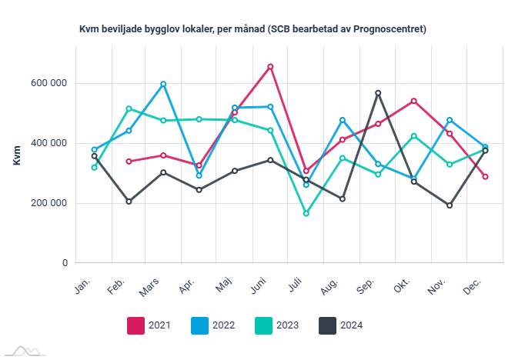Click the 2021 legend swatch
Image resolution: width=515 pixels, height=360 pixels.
pos(136,325)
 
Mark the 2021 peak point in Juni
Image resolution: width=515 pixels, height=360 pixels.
pos(270,67)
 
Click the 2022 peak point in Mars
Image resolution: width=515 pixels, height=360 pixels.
pos(164,84)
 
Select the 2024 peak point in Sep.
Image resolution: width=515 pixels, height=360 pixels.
pos(378,93)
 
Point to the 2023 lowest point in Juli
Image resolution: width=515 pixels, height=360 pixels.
pos(306,213)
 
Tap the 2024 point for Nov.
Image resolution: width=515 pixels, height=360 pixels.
pos(450,205)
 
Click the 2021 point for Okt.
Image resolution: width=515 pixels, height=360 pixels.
pos(414,101)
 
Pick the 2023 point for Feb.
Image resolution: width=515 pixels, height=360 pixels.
pos(129,108)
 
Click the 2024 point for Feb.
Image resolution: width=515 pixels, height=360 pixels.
pos(129,202)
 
